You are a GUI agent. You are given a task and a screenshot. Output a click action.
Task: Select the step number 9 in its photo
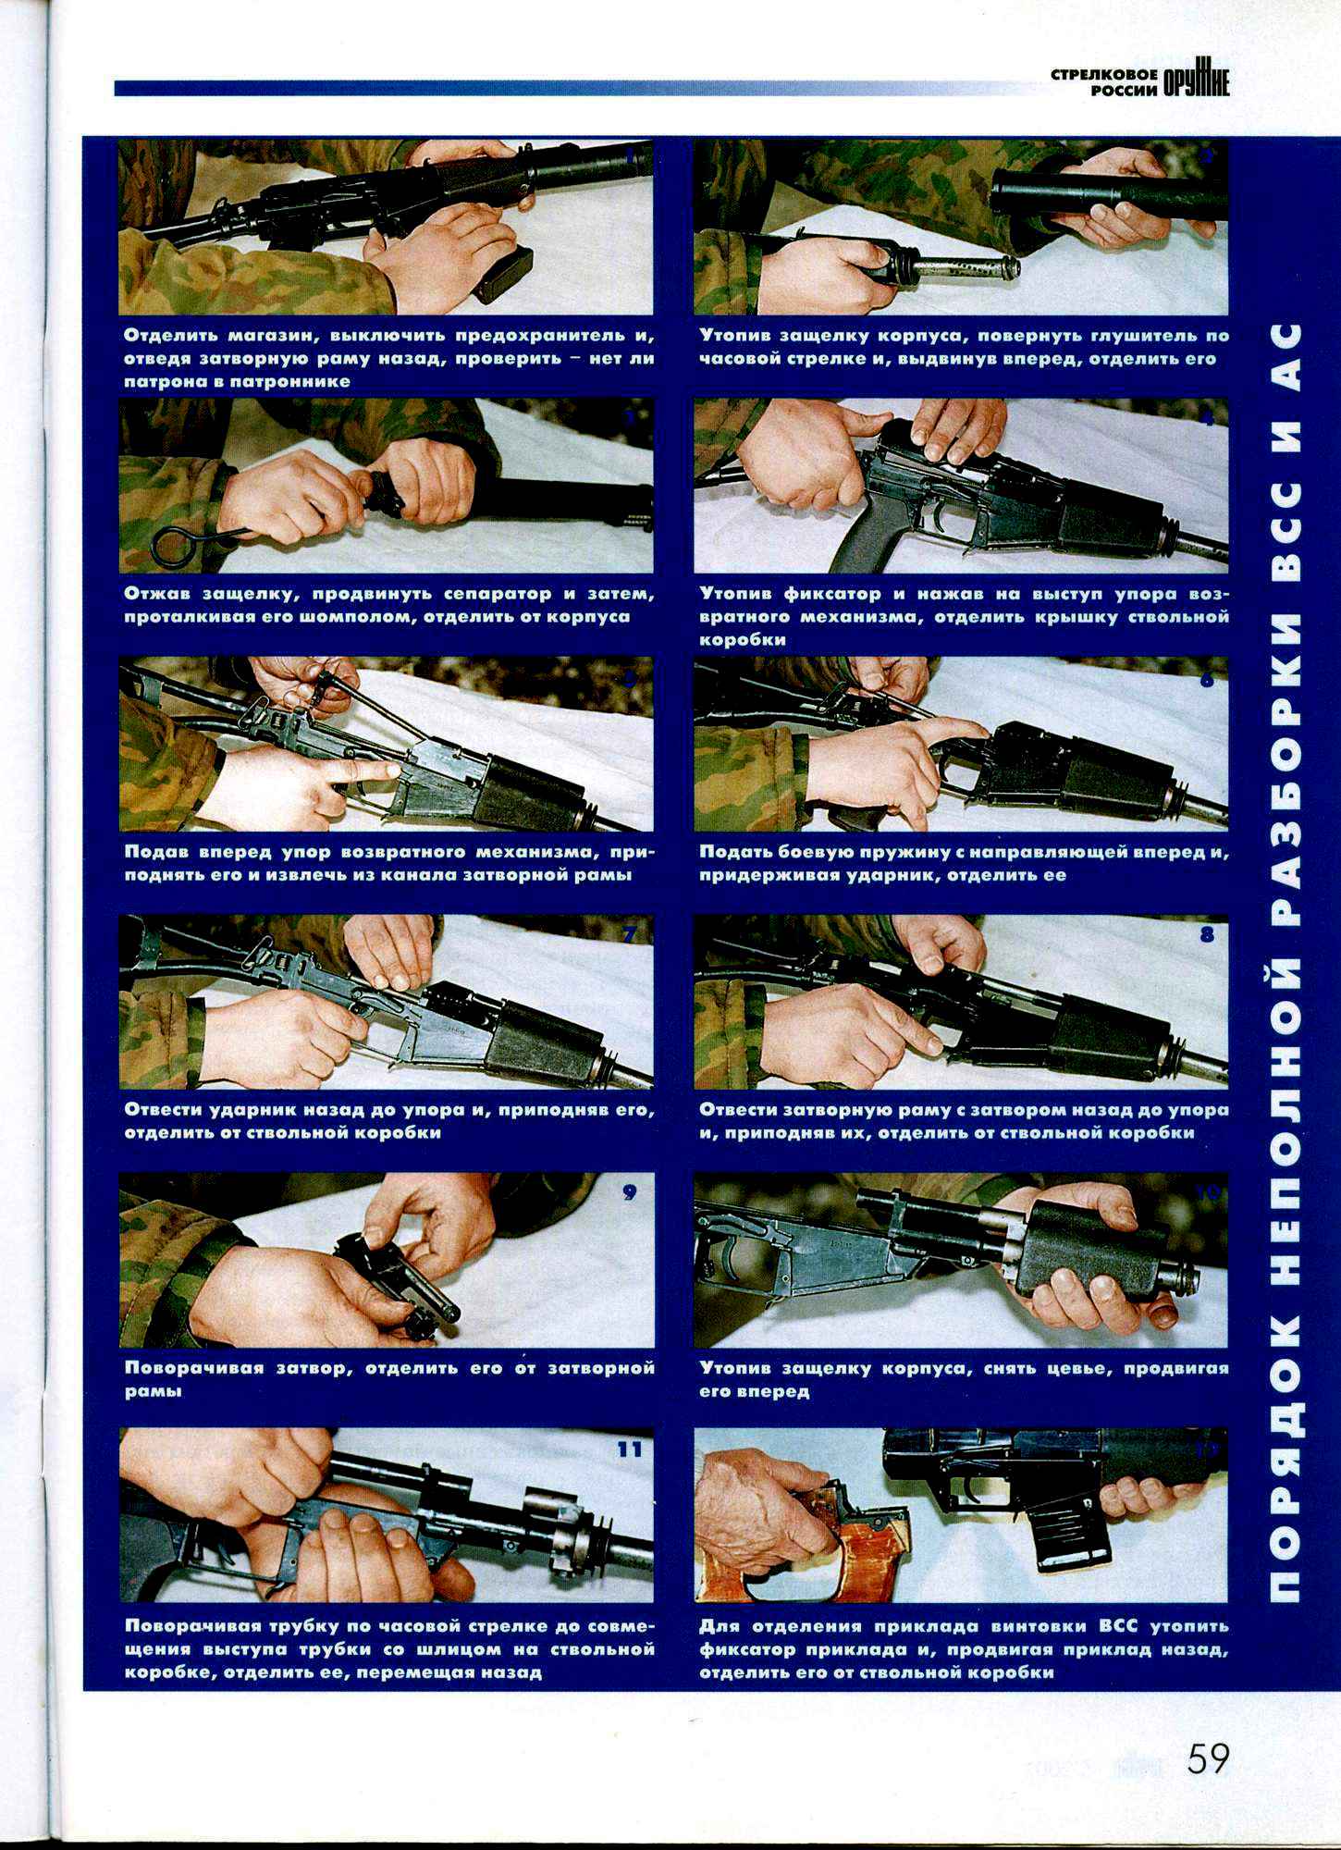pyautogui.click(x=630, y=1192)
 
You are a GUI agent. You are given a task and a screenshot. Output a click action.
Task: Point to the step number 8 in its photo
pyautogui.click(x=1207, y=934)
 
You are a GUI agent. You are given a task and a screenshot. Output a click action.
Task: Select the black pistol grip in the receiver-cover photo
pyautogui.click(x=860, y=541)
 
